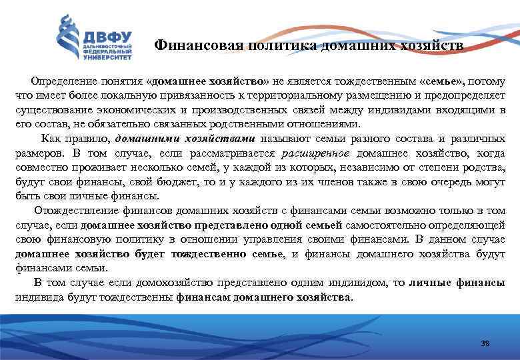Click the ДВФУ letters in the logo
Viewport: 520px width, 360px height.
pyautogui.click(x=107, y=35)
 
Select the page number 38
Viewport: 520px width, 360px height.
pyautogui.click(x=485, y=343)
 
